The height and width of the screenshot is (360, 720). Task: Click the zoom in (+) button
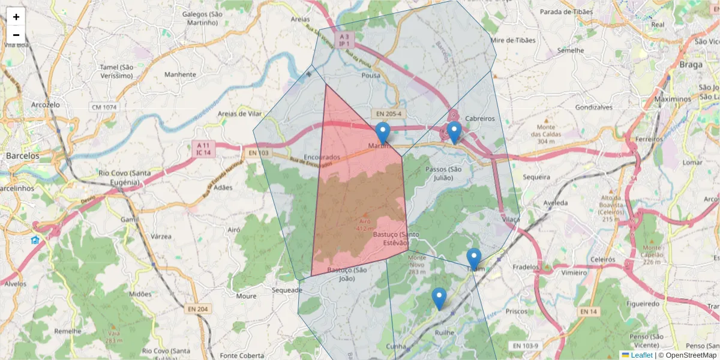tap(16, 17)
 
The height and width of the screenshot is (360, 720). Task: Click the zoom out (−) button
tap(16, 35)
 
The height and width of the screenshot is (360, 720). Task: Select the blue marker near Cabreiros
tap(454, 132)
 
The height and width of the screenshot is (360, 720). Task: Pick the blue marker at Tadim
tap(474, 259)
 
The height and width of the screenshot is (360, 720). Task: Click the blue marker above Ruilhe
tap(439, 298)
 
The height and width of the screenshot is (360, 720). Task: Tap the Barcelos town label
tap(22, 155)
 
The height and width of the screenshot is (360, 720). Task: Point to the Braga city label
tap(691, 64)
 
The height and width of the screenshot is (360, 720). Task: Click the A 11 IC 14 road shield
tap(203, 149)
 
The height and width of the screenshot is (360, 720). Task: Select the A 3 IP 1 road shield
tap(344, 40)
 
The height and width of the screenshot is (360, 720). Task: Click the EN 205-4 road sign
tap(389, 113)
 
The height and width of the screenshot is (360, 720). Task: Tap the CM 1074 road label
tap(104, 107)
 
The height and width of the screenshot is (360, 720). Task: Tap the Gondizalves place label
tap(593, 107)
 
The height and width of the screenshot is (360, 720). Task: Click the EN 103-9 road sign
tap(526, 346)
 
